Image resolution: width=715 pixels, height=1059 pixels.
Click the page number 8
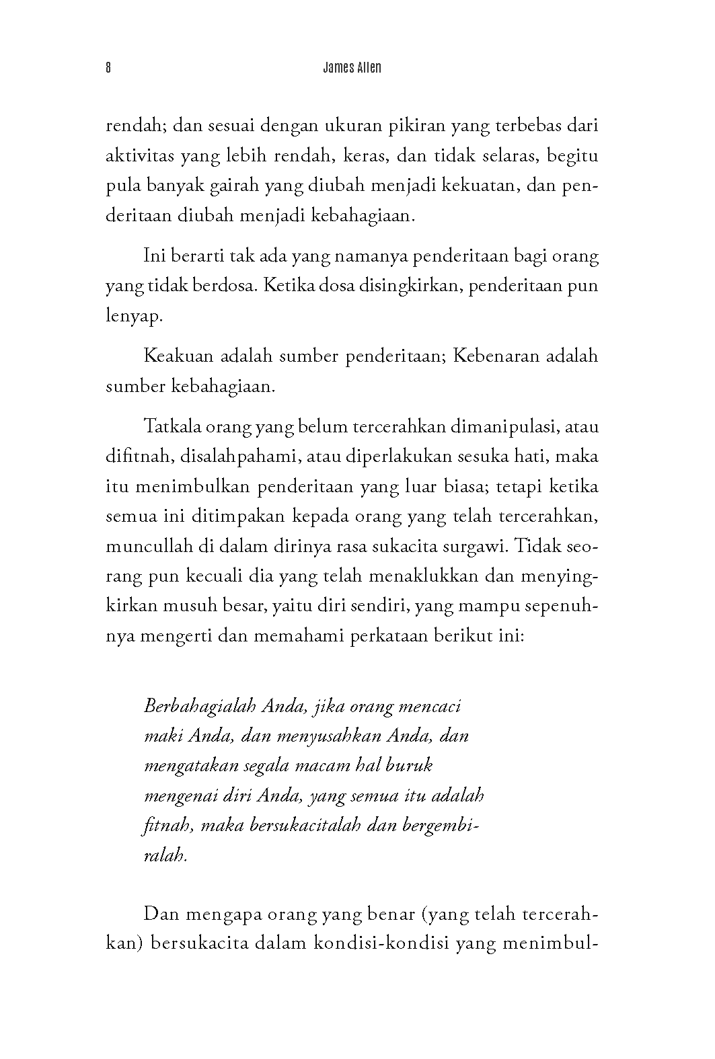point(108,68)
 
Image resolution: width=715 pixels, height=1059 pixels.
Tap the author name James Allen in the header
point(352,68)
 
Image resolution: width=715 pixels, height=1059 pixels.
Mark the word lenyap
point(134,316)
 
